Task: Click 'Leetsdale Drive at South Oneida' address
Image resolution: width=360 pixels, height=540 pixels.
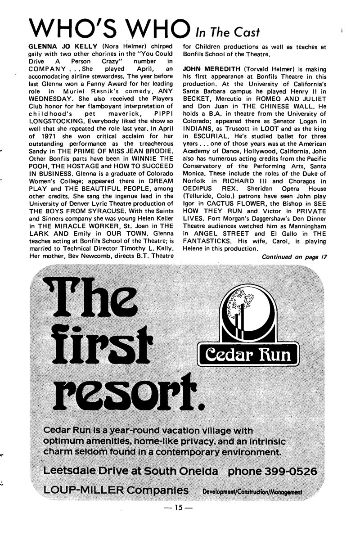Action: coord(131,472)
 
